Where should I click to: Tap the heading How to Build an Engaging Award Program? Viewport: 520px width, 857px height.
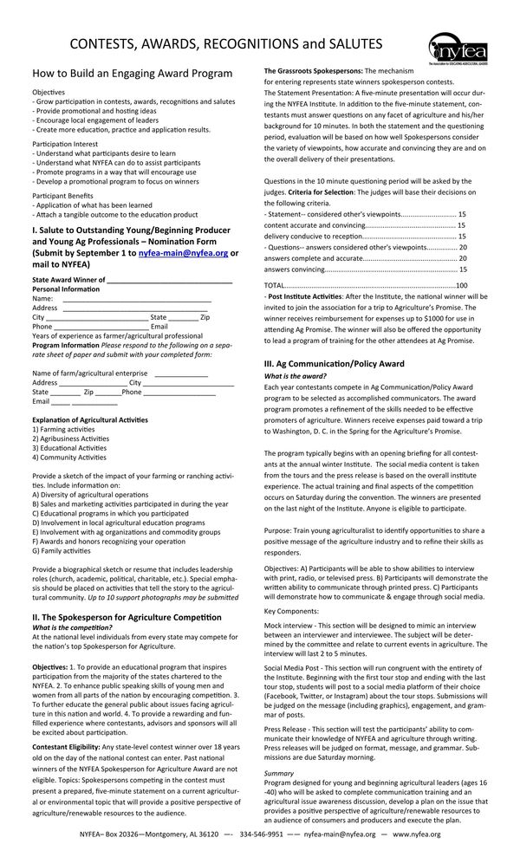coord(133,74)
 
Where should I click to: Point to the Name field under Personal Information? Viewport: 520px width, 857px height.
coord(136,298)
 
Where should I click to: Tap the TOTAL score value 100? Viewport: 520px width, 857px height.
coord(461,284)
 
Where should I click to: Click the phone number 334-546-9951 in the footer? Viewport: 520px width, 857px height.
coord(261,834)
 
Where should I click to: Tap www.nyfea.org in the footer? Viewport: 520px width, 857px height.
coord(417,834)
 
